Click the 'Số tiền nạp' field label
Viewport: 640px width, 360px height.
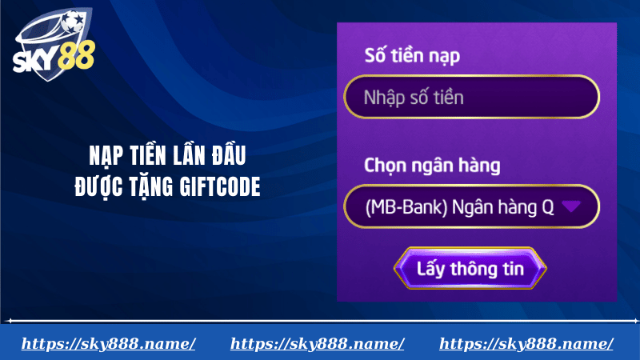pos(412,56)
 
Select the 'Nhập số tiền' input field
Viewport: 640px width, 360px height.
pos(471,97)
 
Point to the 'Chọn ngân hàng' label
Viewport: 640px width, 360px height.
pos(432,166)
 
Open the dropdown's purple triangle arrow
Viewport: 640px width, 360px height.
pos(570,206)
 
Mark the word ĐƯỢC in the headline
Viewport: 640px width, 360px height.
pos(98,186)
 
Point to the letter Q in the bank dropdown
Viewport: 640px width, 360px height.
pos(548,207)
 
